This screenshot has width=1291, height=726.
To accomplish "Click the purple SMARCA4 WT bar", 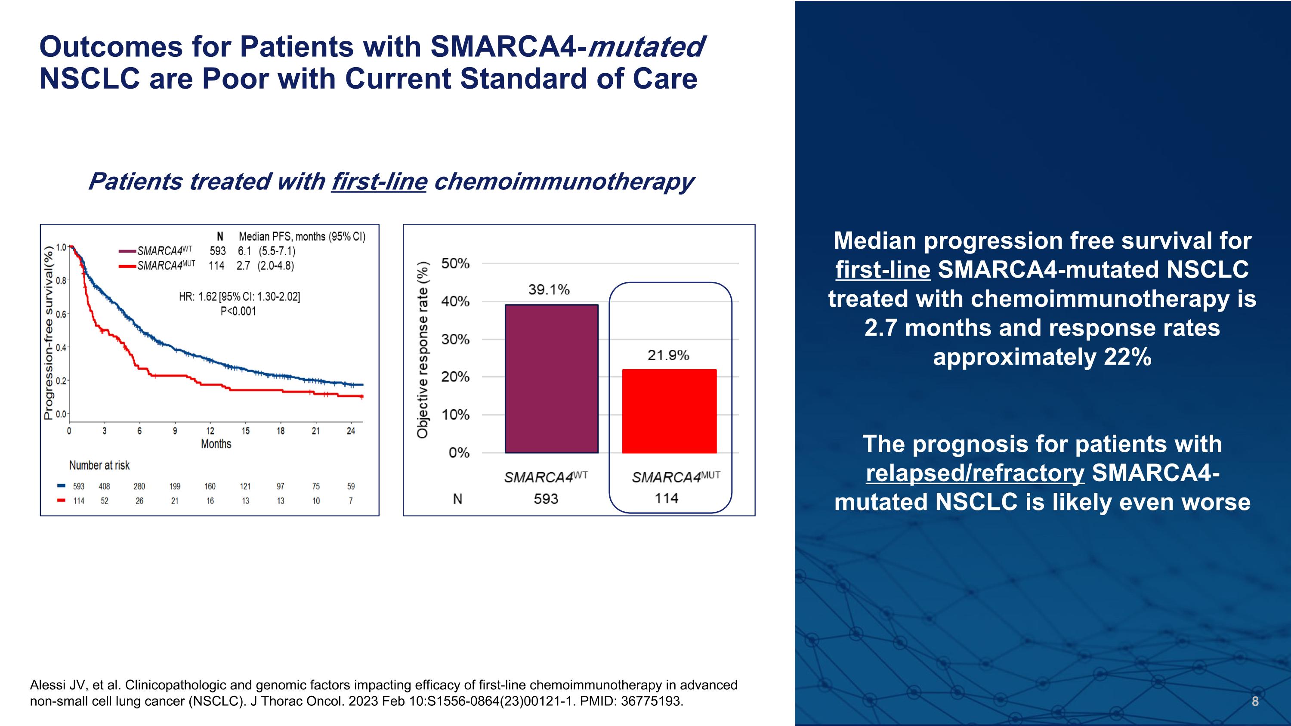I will point(551,379).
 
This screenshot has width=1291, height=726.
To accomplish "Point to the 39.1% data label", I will point(549,290).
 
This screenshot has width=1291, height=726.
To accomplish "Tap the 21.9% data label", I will point(668,355).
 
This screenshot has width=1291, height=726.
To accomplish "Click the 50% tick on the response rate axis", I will point(455,263).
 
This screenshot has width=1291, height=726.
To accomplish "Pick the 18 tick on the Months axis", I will point(281,431).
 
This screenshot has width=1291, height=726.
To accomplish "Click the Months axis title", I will point(216,444).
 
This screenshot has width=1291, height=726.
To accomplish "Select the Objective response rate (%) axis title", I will point(423,350).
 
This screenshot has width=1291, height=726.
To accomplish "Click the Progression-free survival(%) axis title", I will point(49,333).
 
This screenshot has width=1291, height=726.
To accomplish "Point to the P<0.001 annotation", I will point(238,311).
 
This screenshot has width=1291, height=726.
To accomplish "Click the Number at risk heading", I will point(99,466).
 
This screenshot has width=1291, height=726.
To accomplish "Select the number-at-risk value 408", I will point(104,486).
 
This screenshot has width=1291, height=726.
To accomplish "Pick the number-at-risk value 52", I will point(104,500).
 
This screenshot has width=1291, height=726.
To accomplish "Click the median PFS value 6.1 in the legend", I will point(244,251).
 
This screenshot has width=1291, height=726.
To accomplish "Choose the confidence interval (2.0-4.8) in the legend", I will point(276,266).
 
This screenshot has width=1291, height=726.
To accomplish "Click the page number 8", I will point(1255,701).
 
